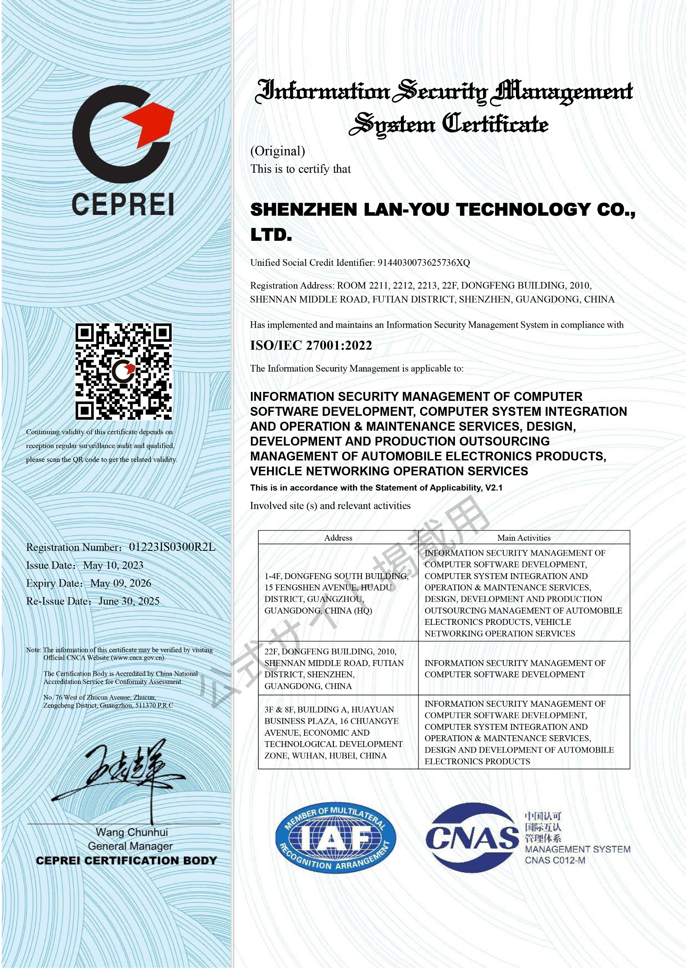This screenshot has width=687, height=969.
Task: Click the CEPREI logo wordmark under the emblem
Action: (x=123, y=204)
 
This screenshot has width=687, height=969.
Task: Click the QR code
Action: (x=124, y=372)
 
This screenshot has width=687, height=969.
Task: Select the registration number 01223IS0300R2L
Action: (x=172, y=547)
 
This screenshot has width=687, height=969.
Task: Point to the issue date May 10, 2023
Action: (x=114, y=565)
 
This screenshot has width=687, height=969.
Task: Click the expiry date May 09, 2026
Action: (x=121, y=583)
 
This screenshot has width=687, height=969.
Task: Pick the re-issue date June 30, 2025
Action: (x=129, y=601)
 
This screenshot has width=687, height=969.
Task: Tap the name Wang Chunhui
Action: (x=132, y=832)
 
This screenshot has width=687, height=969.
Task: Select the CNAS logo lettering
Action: (x=472, y=838)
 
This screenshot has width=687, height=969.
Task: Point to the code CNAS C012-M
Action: (x=555, y=860)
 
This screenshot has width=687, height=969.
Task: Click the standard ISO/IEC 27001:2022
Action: (x=311, y=345)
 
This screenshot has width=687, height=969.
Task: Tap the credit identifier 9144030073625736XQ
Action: (x=424, y=263)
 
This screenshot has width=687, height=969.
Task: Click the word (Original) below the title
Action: (x=278, y=151)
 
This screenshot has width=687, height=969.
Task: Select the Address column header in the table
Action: (x=338, y=538)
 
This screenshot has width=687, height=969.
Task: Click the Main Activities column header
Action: (x=524, y=538)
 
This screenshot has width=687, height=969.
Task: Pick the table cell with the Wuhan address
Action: (x=334, y=733)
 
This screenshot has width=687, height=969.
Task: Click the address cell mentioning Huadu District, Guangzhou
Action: (x=336, y=593)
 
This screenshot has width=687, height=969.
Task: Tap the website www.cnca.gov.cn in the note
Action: (x=138, y=658)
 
